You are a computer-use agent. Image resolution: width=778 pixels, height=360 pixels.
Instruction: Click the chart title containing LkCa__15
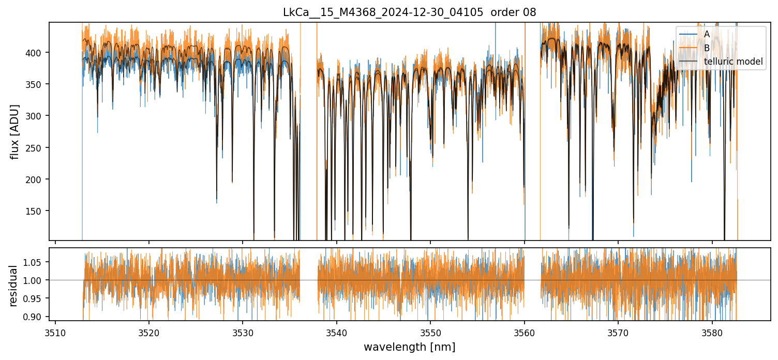[x=409, y=12]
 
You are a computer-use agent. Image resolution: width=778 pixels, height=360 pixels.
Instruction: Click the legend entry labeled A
[x=707, y=34]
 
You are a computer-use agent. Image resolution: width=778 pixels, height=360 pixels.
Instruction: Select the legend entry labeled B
[x=707, y=48]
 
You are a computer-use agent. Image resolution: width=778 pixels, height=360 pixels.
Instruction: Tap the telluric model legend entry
[x=733, y=62]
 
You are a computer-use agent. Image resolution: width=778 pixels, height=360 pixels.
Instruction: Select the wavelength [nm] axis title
[x=409, y=347]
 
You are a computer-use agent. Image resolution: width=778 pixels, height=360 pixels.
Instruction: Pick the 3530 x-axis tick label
[x=243, y=332]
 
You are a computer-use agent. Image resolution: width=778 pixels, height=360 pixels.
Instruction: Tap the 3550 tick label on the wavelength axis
[x=430, y=332]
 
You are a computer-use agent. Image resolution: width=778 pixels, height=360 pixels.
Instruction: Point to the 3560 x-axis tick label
[x=525, y=332]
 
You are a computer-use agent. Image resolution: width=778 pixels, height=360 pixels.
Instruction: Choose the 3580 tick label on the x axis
[x=712, y=332]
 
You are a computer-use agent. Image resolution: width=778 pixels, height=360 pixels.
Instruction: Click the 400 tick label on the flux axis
[x=37, y=53]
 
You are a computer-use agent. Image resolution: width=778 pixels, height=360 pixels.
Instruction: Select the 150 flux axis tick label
[x=37, y=211]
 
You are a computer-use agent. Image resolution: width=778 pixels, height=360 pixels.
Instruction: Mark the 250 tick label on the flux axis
[x=37, y=148]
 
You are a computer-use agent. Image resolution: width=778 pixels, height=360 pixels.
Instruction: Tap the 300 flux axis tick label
[x=37, y=116]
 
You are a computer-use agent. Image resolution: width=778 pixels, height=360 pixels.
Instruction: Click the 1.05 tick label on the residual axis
[x=35, y=262]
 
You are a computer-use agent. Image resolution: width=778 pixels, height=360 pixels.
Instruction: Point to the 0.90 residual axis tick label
[x=35, y=317]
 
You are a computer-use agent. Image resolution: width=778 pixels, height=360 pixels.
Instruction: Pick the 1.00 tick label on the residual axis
[x=35, y=280]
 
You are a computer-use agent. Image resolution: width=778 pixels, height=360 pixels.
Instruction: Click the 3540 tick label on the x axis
[x=337, y=332]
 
